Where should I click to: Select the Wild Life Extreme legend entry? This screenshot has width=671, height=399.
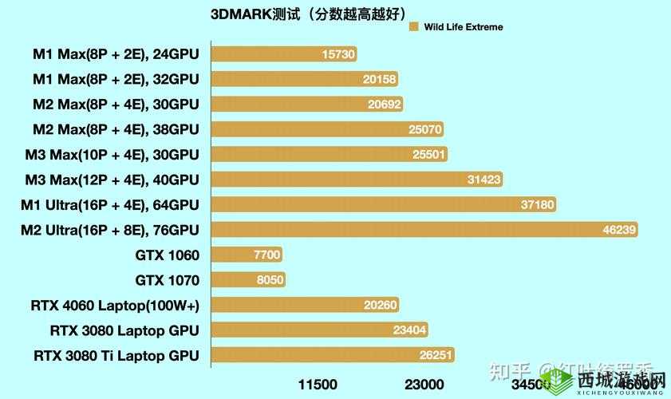455,27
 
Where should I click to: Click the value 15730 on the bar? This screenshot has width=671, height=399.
338,54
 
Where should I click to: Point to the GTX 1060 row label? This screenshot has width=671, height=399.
168,255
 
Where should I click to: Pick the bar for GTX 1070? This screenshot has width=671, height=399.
248,280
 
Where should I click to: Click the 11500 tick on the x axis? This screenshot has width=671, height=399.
318,385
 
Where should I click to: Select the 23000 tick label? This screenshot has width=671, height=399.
424,385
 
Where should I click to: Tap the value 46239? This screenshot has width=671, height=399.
619,230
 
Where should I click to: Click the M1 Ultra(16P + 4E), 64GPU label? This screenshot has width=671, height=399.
110,204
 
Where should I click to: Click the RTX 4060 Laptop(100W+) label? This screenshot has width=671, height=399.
115,305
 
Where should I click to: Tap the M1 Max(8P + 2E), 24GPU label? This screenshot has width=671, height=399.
116,54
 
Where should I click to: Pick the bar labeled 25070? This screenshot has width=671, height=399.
327,129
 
